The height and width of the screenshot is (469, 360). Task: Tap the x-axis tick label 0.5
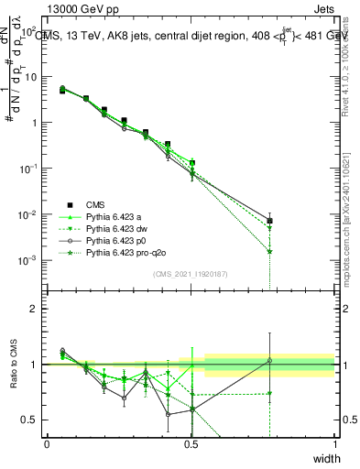pos(191,443)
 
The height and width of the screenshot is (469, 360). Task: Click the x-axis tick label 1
pos(335,443)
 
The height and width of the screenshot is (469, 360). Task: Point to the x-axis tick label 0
pos(47,443)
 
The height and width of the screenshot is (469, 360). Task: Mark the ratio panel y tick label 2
pos(34,309)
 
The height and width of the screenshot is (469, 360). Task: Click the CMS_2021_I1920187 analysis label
pos(191,273)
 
